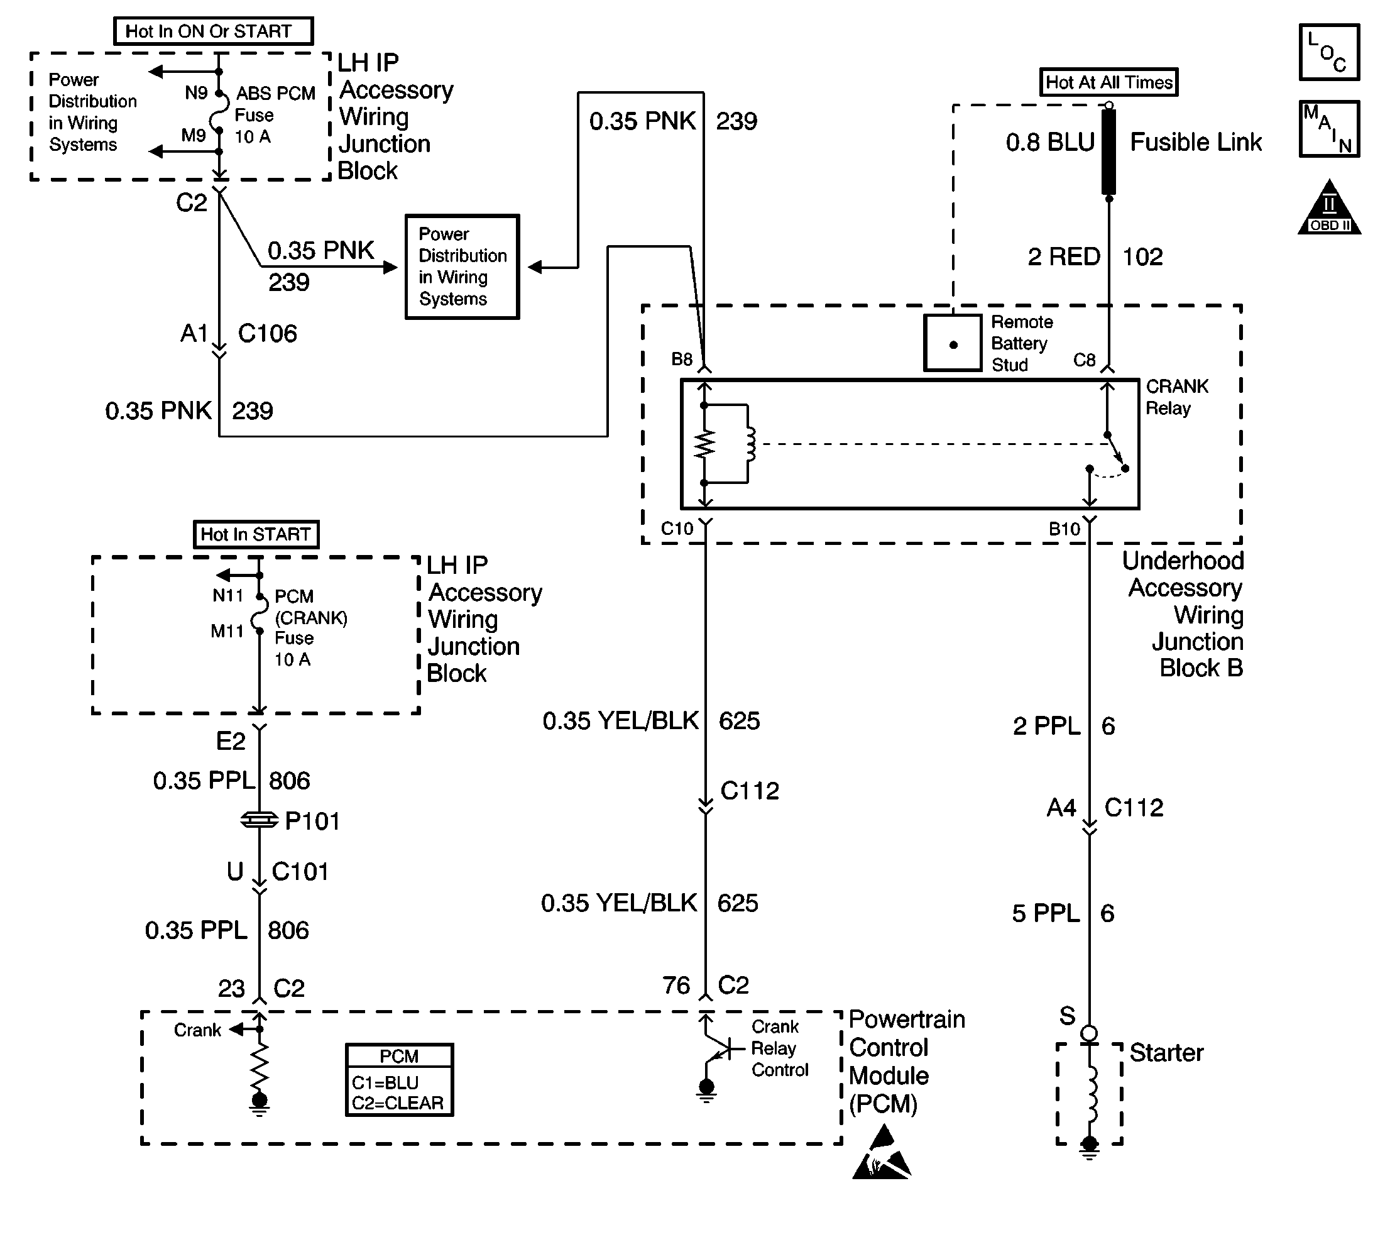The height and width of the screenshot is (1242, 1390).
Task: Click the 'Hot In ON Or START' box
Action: pos(213,31)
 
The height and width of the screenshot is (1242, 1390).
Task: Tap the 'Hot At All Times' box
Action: pos(1108,82)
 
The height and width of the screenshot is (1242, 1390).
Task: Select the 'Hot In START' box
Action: pos(256,534)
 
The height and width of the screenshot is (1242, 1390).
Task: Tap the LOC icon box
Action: pos(1328,53)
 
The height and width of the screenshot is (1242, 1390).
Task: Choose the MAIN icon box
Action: pos(1328,129)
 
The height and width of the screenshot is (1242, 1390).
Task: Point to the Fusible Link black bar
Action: pos(1109,151)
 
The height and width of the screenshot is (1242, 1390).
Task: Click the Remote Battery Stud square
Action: pos(953,343)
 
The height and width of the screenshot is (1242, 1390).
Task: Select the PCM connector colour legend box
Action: pos(399,1080)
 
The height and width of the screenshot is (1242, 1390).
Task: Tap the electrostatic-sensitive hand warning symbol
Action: pos(882,1154)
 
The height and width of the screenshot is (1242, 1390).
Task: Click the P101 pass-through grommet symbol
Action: pos(260,820)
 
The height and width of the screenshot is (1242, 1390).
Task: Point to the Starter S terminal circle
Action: pos(1089,1034)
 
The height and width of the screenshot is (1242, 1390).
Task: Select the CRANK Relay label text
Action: pos(1176,397)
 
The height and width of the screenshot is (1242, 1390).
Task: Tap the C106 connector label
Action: pos(267,334)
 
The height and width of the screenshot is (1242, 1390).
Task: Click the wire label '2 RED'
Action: pos(1063,257)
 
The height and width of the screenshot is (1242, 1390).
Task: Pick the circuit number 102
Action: pos(1142,257)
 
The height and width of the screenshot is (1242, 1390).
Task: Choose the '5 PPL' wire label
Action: pos(1046,913)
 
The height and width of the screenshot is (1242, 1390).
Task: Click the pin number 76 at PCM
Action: pos(676,986)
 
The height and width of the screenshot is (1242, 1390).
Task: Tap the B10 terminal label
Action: pos(1064,529)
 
